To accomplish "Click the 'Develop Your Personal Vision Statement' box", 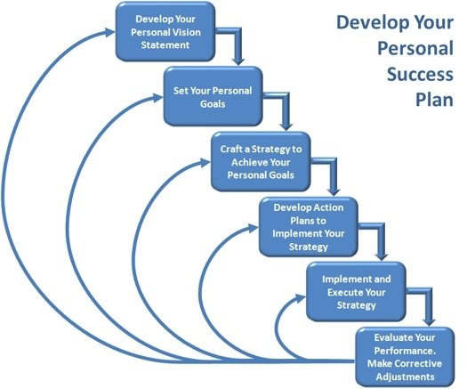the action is coord(165,31).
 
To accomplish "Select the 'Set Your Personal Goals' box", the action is coord(213,96).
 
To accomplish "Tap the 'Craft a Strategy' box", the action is coord(261,161).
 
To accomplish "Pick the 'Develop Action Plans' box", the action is coord(309,227).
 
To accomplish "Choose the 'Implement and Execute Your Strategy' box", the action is coord(356,292).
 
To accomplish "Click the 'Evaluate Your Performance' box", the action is coord(405,357).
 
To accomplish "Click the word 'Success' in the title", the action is coord(420,74).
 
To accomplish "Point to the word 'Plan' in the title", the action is coord(434,100).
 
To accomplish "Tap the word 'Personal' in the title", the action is coord(415,49).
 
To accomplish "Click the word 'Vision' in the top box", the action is coord(187,32).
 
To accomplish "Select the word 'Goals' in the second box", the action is coord(213,104).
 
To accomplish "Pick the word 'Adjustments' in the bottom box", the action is coord(405,377).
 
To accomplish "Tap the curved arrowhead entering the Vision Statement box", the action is coord(109,31).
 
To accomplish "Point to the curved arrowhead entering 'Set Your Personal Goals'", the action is coord(157,97).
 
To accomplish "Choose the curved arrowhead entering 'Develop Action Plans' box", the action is coord(254,229).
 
